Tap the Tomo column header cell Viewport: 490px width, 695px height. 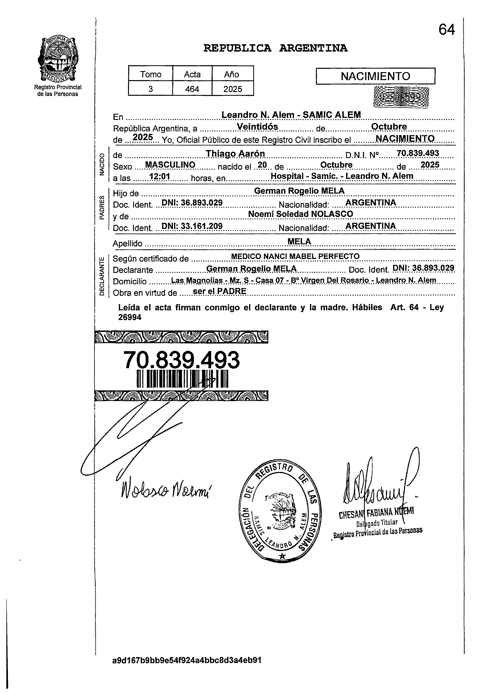(151, 74)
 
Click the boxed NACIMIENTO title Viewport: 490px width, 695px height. (375, 76)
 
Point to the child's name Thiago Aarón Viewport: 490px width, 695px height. (235, 153)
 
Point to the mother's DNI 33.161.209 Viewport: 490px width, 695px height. (192, 226)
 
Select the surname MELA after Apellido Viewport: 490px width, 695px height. (299, 242)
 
